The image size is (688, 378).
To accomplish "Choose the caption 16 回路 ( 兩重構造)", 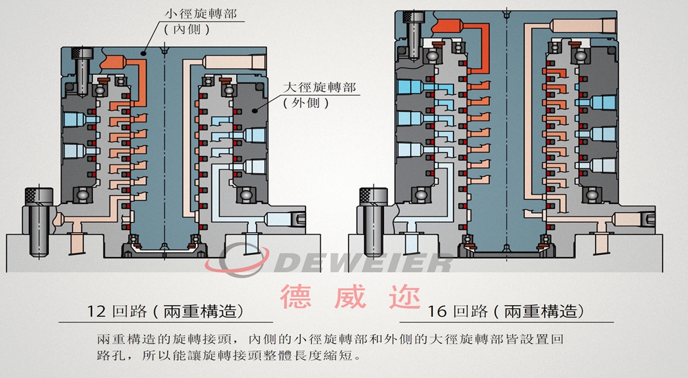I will (x=506, y=311).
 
